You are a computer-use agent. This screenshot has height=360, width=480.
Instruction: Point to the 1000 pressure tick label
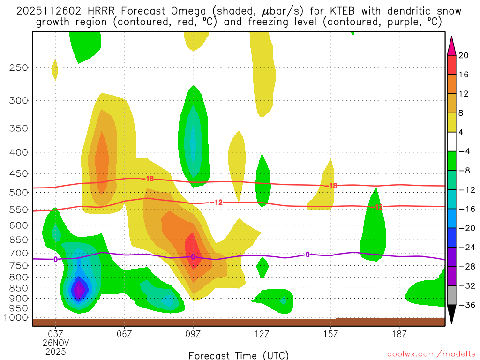point(15,318)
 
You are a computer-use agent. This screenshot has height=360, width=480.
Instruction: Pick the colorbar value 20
point(464,55)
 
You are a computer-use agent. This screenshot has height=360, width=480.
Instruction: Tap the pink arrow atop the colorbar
point(452,45)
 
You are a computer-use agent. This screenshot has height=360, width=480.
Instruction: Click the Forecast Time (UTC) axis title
point(239,355)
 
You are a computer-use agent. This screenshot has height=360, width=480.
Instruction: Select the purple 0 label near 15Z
point(307,255)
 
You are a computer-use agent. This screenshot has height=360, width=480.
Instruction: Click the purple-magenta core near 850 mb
point(79,290)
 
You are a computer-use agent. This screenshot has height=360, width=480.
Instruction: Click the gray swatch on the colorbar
point(452,295)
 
